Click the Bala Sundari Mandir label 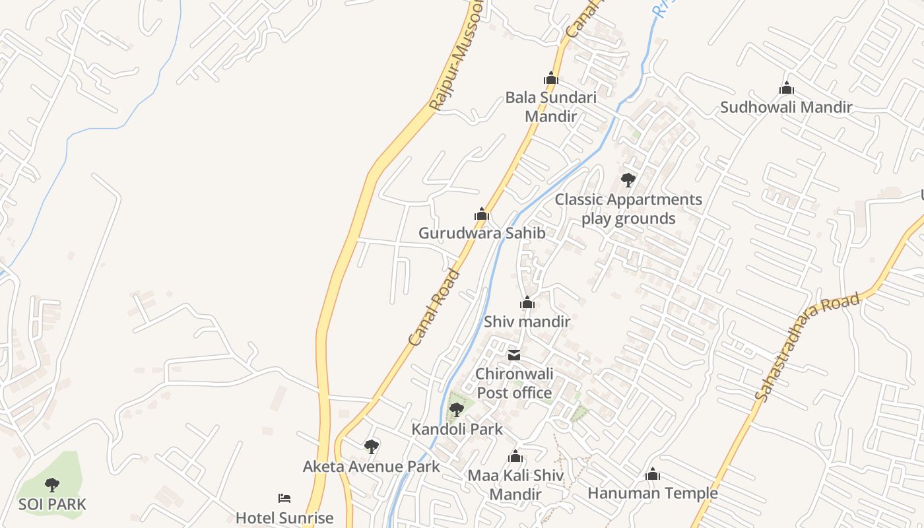(550, 107)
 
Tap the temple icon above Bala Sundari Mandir (550, 79)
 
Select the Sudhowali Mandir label (785, 107)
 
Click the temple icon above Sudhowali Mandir (786, 88)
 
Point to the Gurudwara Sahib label (482, 233)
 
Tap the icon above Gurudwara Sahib (482, 214)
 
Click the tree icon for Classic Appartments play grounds (628, 180)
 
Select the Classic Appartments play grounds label (628, 209)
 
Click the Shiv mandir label (527, 321)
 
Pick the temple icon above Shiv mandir (527, 303)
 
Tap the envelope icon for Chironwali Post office (513, 355)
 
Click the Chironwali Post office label (514, 383)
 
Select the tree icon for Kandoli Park (456, 410)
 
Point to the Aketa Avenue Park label (371, 467)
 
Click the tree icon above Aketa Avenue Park (372, 447)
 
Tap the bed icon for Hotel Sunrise (284, 498)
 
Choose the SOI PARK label (52, 505)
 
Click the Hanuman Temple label (652, 493)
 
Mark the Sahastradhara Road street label (807, 346)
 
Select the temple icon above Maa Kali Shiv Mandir (515, 456)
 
